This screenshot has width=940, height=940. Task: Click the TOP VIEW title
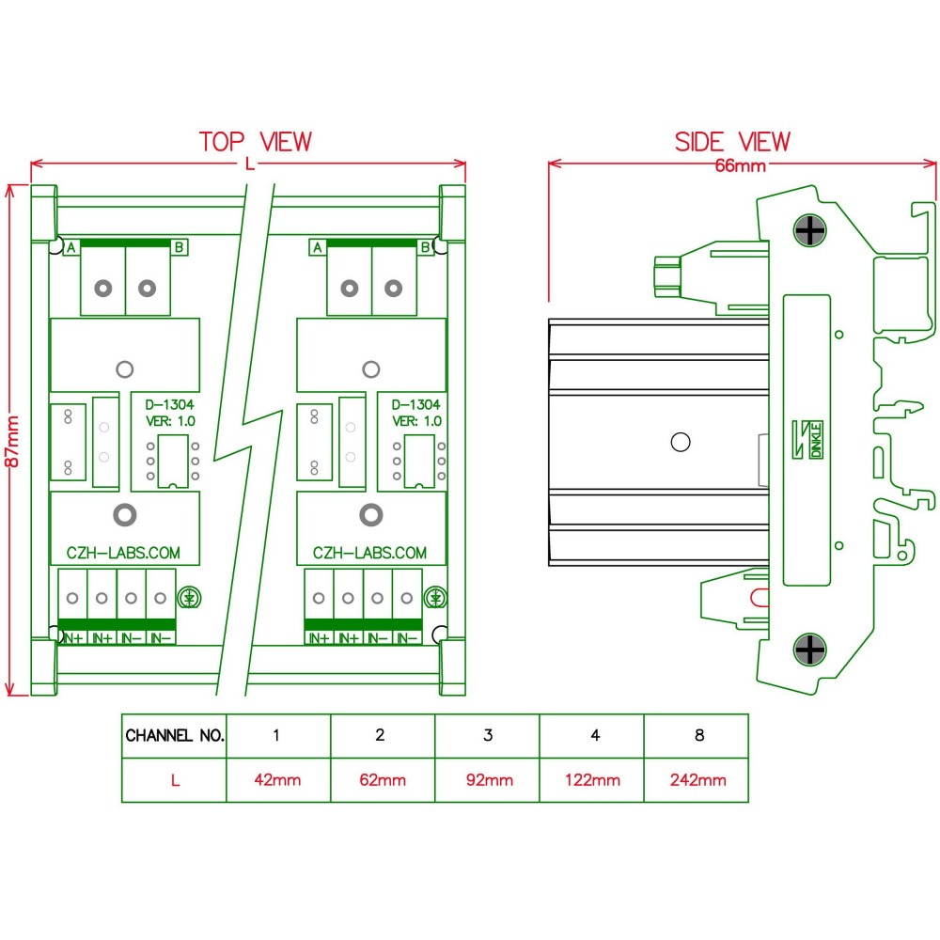(255, 142)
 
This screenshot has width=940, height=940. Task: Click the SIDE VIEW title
(732, 142)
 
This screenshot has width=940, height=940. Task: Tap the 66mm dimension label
(741, 166)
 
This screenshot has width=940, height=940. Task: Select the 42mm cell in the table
(277, 779)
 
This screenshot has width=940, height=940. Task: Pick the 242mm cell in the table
(697, 779)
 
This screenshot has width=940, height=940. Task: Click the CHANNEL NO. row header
(175, 735)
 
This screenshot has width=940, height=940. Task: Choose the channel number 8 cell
(697, 735)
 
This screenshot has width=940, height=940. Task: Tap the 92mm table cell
(487, 779)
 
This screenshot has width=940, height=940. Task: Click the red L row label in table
(175, 779)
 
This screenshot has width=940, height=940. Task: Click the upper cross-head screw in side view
(809, 229)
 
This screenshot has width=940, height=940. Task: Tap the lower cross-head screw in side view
(809, 649)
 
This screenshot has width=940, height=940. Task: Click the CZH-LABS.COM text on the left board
(122, 553)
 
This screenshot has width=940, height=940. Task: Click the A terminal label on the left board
(70, 247)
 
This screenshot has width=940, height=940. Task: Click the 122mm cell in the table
(592, 779)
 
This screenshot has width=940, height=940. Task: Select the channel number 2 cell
(381, 735)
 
